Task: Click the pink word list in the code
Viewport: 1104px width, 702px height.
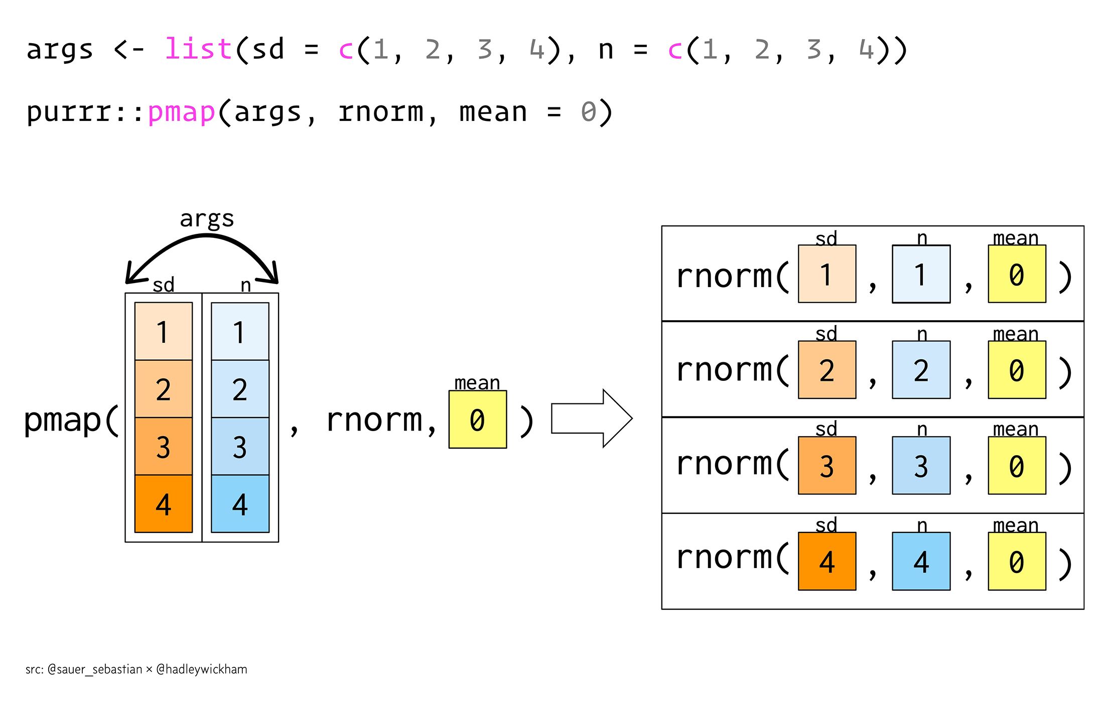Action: [198, 49]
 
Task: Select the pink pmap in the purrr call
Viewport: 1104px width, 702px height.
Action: [182, 112]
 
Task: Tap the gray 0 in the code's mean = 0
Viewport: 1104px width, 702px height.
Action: [589, 112]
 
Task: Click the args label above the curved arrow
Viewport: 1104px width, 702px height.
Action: [207, 218]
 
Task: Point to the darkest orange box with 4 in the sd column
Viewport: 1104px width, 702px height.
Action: [164, 503]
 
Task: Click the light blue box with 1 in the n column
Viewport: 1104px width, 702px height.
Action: [240, 331]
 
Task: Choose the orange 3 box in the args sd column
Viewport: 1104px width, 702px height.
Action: [164, 446]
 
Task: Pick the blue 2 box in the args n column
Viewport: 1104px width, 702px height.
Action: [240, 389]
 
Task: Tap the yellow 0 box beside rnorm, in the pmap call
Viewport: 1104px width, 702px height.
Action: [477, 419]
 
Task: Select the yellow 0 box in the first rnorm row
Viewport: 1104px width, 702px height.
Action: [1017, 274]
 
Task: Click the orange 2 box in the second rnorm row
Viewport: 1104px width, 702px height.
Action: [827, 370]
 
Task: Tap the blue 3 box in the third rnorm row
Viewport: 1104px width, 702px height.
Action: [921, 466]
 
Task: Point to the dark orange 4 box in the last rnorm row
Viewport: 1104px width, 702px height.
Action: [827, 561]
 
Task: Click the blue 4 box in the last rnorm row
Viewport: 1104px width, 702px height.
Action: [921, 561]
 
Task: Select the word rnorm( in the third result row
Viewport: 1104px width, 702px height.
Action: [732, 464]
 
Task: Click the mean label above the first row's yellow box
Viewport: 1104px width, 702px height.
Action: [1016, 238]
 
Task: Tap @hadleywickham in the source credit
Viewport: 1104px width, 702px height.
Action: [202, 669]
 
